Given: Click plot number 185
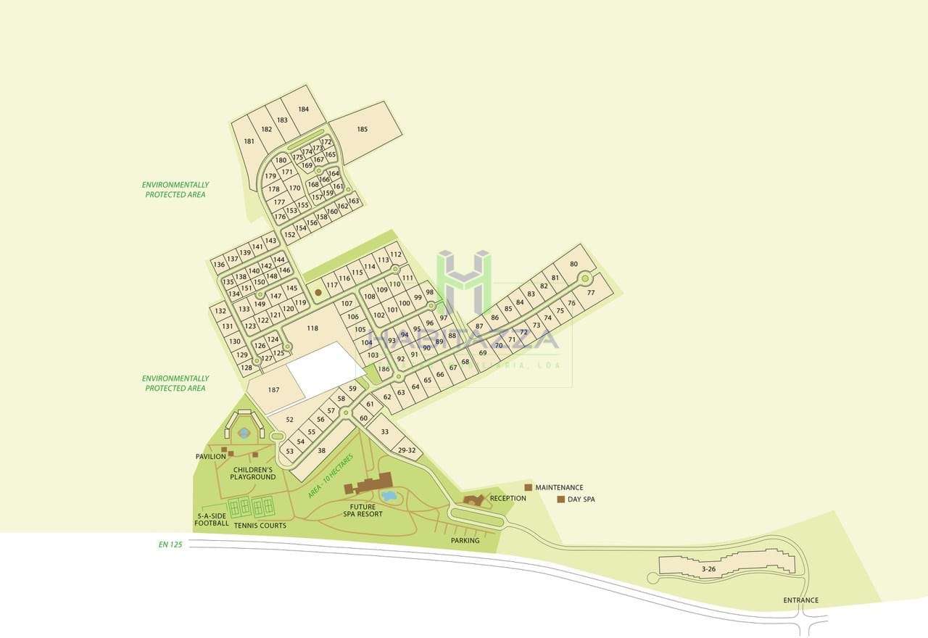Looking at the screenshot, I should click(x=362, y=130).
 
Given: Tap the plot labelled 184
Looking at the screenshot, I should click(x=303, y=109).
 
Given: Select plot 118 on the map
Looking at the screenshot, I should click(x=312, y=328).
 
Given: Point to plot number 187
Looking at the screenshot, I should click(x=273, y=390).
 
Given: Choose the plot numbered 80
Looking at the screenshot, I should click(x=574, y=265).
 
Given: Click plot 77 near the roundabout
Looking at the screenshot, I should click(x=591, y=293).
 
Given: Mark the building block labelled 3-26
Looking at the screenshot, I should click(x=708, y=569).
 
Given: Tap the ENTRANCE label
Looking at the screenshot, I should click(x=800, y=600).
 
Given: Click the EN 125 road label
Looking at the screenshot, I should click(x=170, y=544).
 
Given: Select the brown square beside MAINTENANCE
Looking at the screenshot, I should click(x=529, y=487).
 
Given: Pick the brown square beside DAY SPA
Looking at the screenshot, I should click(x=560, y=499).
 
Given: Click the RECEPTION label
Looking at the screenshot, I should click(x=507, y=499).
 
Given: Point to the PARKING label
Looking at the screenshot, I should click(x=465, y=541).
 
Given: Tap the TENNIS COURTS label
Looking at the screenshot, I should click(x=260, y=526).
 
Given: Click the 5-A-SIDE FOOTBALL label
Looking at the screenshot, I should click(x=212, y=519).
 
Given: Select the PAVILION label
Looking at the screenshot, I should click(x=210, y=457).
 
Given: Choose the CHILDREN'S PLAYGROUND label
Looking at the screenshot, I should click(x=253, y=473).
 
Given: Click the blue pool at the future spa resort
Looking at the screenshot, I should click(x=389, y=496).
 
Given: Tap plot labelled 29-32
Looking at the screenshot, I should click(x=407, y=450).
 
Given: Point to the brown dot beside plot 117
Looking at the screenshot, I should click(x=318, y=292).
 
